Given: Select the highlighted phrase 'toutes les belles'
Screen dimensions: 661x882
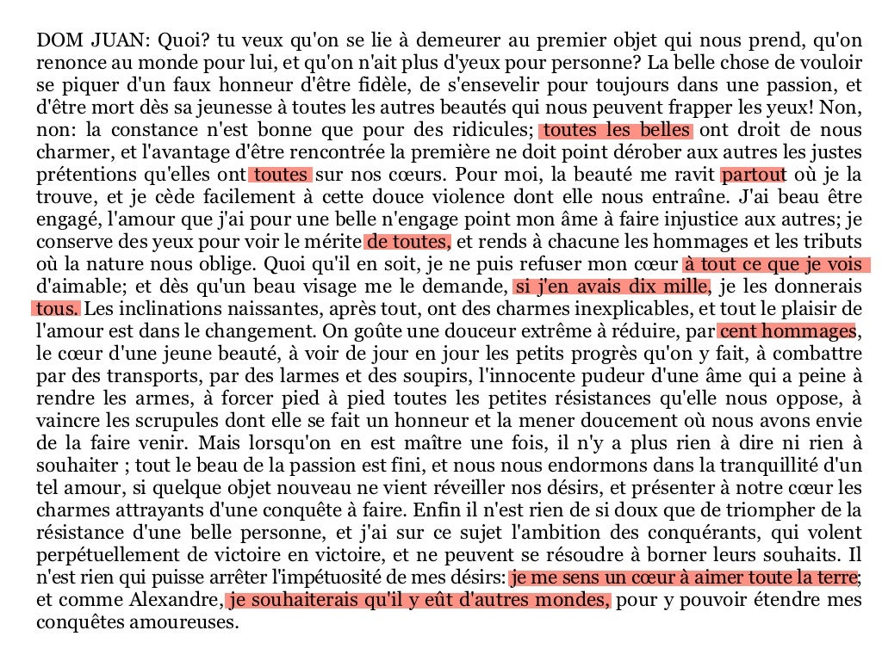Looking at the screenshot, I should tap(616, 131).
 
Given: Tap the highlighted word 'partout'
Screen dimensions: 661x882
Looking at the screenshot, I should tap(754, 175).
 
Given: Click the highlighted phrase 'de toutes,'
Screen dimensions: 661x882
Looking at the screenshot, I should tap(408, 242).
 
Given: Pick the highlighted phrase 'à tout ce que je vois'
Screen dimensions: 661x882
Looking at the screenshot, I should tap(775, 264).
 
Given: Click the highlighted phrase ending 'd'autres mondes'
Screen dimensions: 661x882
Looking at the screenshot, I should tap(419, 600).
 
